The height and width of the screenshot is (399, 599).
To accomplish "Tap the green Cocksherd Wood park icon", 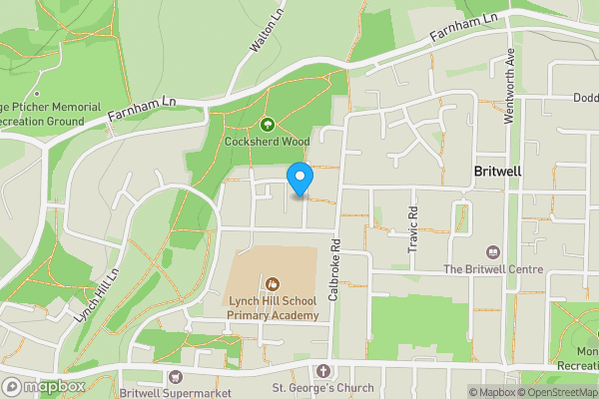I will [268, 126].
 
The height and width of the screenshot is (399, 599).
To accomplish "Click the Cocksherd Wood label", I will [268, 143].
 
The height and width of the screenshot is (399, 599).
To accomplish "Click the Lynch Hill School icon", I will [273, 284].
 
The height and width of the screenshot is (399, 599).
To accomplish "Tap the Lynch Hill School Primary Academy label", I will [273, 307].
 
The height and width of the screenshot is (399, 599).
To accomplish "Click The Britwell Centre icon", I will [491, 253].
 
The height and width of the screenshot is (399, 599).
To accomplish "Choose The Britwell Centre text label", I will [493, 269].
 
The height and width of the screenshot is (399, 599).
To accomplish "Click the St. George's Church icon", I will [322, 371].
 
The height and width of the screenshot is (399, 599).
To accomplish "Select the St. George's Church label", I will [322, 388].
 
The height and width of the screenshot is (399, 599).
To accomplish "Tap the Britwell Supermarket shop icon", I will [177, 377].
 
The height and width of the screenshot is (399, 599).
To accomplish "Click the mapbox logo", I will [44, 386].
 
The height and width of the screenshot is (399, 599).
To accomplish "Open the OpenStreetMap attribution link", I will [558, 392].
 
